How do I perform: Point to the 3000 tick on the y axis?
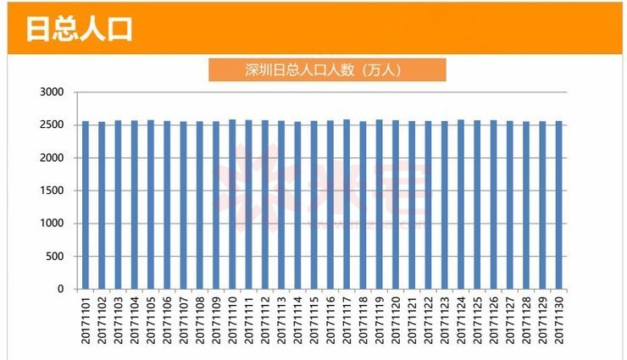point(52,92)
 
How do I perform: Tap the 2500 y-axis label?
point(52,125)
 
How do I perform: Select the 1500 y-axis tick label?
point(52,191)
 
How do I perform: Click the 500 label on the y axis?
point(55,257)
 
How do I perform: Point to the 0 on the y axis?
point(60,289)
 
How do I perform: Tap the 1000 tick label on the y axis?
point(52,224)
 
